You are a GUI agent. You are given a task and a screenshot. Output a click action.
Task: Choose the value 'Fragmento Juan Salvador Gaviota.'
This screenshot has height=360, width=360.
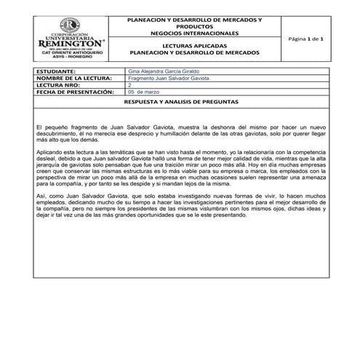click(169, 79)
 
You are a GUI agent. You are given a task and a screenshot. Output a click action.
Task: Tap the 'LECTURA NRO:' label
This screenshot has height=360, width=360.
click(57, 86)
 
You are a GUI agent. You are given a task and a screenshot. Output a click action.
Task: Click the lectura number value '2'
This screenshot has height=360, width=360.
click(129, 86)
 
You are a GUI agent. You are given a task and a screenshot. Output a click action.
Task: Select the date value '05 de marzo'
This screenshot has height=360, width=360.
click(143, 93)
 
